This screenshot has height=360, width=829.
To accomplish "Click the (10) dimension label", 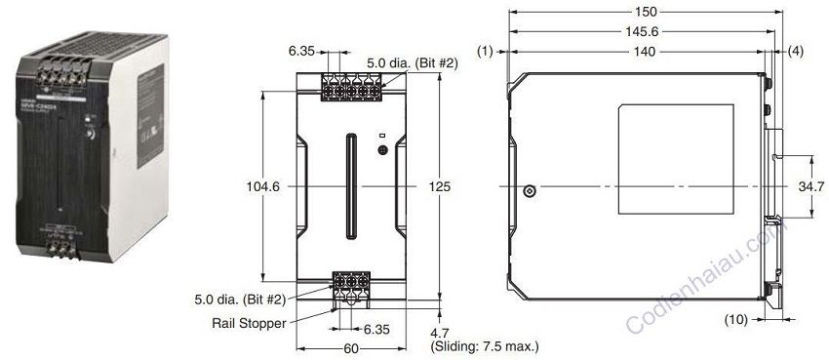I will [x=738, y=318].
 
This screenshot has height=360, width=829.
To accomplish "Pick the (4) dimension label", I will [x=795, y=48].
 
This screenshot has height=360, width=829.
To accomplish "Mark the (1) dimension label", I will [x=485, y=48].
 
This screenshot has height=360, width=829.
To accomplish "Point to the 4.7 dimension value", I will [x=440, y=332].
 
